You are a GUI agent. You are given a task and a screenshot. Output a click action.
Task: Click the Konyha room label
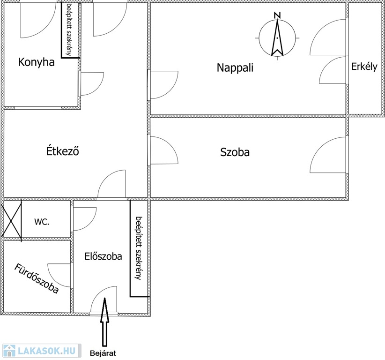(36, 62)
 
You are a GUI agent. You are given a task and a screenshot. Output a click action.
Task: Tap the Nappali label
(235, 67)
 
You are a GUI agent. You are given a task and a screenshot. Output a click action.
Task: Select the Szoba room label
(235, 152)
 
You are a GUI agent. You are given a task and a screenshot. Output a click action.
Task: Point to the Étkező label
(63, 150)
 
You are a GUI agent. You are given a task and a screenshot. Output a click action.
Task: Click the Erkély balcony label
(364, 67)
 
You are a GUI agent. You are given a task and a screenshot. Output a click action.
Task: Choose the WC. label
(42, 222)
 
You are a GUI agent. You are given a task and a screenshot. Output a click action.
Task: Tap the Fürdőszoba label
(37, 278)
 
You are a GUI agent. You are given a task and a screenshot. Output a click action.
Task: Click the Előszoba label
(103, 256)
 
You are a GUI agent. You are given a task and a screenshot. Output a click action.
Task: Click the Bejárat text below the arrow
(103, 353)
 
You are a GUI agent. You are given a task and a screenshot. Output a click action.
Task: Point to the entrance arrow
(104, 322)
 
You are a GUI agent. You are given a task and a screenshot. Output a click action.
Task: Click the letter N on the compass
(277, 15)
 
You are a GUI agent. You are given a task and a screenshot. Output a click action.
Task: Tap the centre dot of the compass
(277, 38)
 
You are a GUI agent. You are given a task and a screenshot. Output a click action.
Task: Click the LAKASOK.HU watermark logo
(41, 351)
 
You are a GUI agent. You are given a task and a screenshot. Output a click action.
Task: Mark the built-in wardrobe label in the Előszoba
(139, 248)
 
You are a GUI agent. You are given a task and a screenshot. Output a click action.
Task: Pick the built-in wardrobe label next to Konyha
(69, 30)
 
